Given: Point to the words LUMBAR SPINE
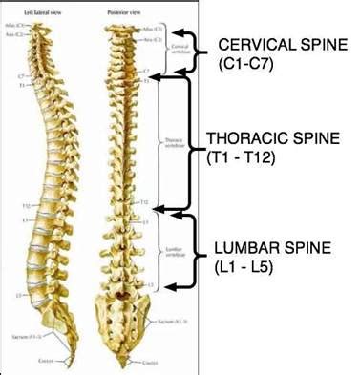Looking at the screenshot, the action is [273, 249].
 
